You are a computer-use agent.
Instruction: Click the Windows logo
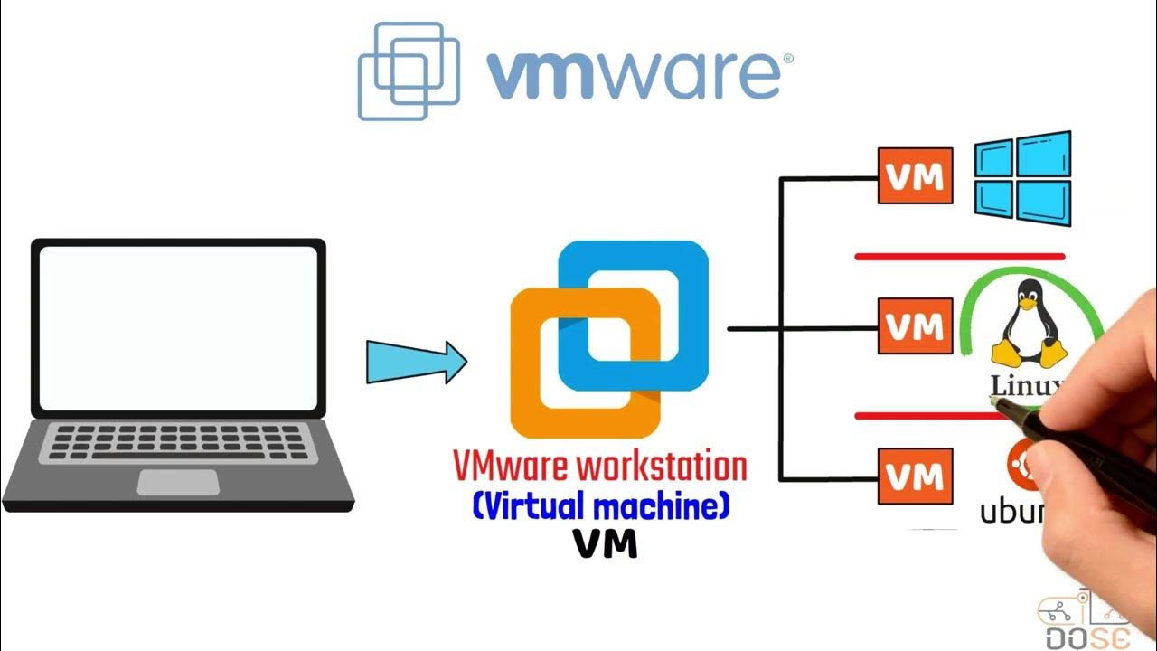click(x=1023, y=179)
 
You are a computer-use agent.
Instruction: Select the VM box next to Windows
click(x=915, y=175)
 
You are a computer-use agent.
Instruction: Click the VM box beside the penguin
click(x=915, y=325)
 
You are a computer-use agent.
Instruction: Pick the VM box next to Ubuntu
click(x=915, y=476)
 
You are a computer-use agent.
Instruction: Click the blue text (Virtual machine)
click(x=600, y=506)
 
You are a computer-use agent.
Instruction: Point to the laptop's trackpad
click(x=177, y=482)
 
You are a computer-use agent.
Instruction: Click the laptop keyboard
click(x=178, y=443)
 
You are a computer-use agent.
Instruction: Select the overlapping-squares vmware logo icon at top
click(x=409, y=71)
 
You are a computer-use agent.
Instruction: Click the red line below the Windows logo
click(x=959, y=257)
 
